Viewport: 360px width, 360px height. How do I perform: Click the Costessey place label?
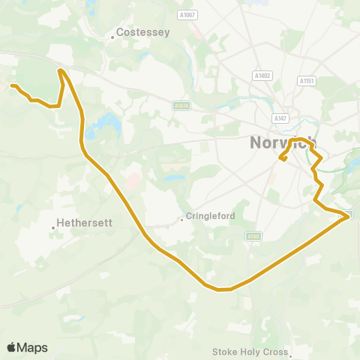pos(145,33)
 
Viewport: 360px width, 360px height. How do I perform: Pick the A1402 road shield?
pos(262,76)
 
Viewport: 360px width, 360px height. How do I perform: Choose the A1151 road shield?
pos(305,80)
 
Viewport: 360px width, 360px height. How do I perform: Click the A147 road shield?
pos(280,118)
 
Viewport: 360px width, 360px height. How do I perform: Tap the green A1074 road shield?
pos(181,106)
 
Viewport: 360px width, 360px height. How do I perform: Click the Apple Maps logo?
pos(27,347)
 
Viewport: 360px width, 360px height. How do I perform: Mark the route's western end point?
pos(13,86)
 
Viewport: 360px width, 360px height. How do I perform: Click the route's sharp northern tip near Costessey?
pos(60,70)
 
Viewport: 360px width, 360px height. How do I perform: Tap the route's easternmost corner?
pos(348,216)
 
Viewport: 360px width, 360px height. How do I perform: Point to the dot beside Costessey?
pos(113,34)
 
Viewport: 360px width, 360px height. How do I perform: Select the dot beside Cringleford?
pos(182,220)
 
